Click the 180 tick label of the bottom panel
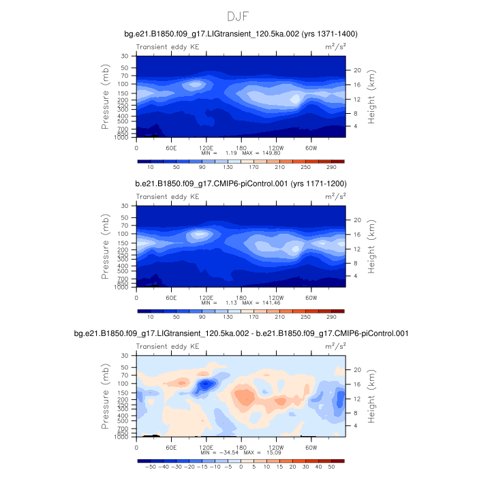pos(241,447)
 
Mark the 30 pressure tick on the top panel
pos(125,56)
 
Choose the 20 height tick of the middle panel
pos(355,219)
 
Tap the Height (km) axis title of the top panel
pos(372,96)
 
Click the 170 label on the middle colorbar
pos(241,317)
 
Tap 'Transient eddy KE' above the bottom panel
pos(168,347)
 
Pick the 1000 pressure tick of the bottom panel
pos(123,437)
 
